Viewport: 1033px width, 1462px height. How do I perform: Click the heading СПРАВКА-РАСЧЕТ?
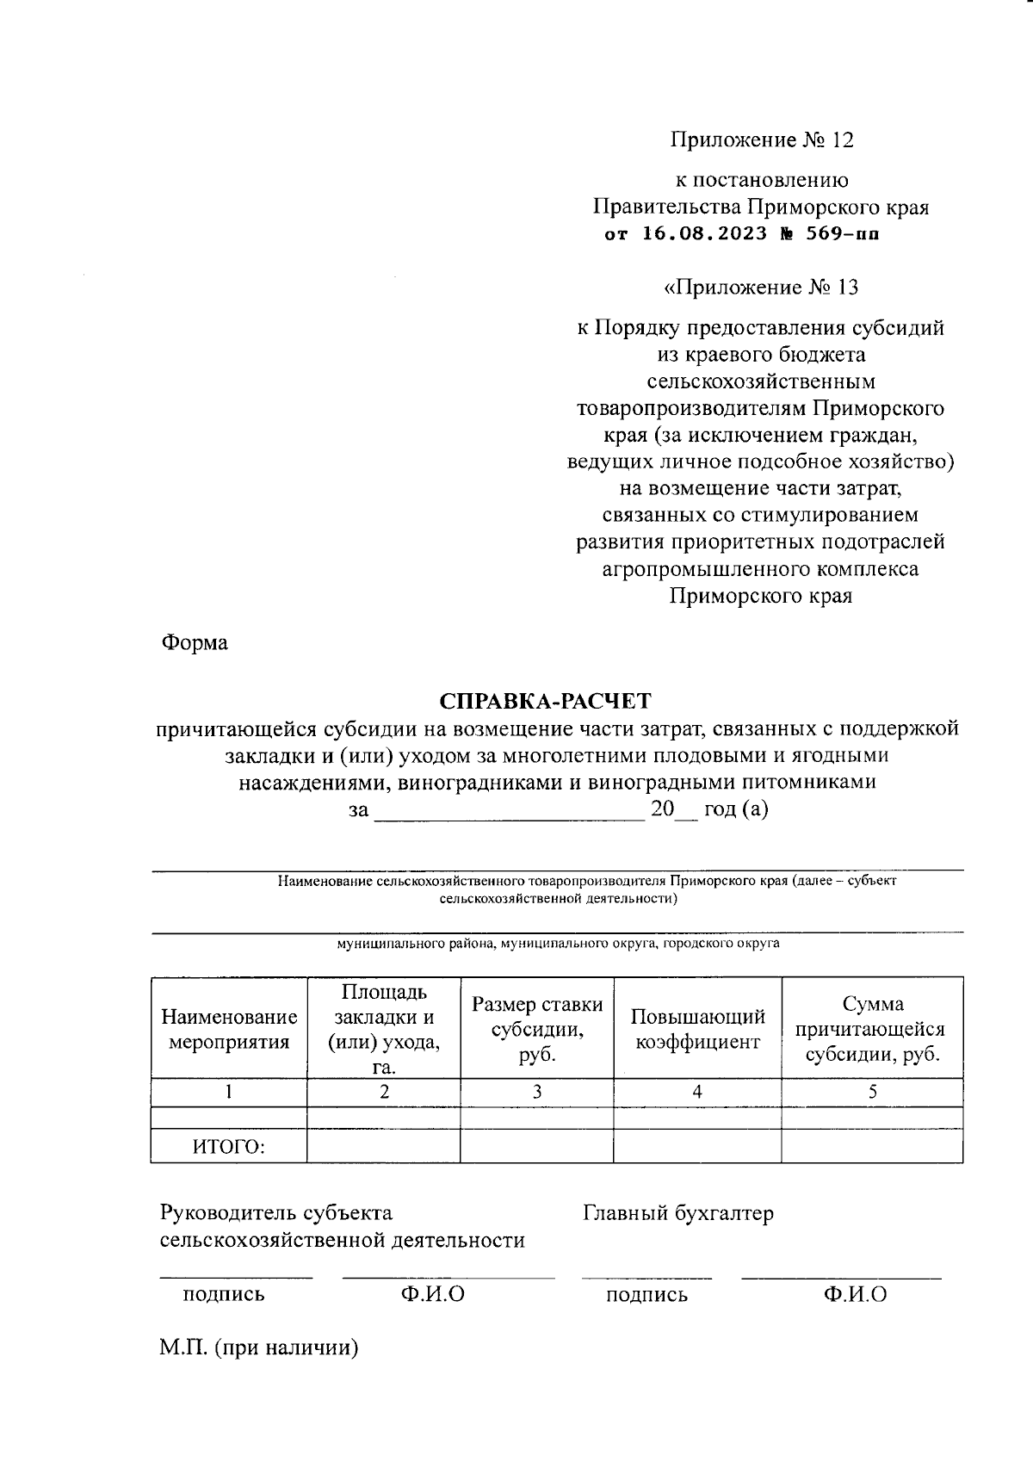[546, 700]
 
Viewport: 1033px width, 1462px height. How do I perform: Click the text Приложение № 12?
[762, 139]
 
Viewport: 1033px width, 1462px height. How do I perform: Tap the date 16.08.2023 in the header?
[704, 233]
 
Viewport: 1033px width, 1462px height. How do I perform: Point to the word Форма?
[195, 642]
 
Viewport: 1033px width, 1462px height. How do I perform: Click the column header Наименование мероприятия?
[229, 1029]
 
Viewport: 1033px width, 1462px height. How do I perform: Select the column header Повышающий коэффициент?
[697, 1029]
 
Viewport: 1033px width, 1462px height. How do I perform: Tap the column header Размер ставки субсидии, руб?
[537, 1029]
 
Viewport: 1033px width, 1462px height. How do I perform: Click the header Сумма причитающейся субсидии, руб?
[872, 1029]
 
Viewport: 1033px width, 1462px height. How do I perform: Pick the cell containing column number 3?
[537, 1092]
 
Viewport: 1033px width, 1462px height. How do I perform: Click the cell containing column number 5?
[872, 1092]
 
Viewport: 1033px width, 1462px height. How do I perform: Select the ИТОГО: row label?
[229, 1147]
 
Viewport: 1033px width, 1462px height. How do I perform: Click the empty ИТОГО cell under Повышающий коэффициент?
[697, 1147]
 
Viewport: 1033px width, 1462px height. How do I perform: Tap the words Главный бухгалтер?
[677, 1213]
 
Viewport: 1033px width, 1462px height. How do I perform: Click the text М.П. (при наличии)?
[258, 1347]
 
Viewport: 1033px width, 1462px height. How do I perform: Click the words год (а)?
[736, 809]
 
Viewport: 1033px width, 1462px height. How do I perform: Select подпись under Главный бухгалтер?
[646, 1295]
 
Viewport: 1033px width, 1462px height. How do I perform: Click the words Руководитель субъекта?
[276, 1213]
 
